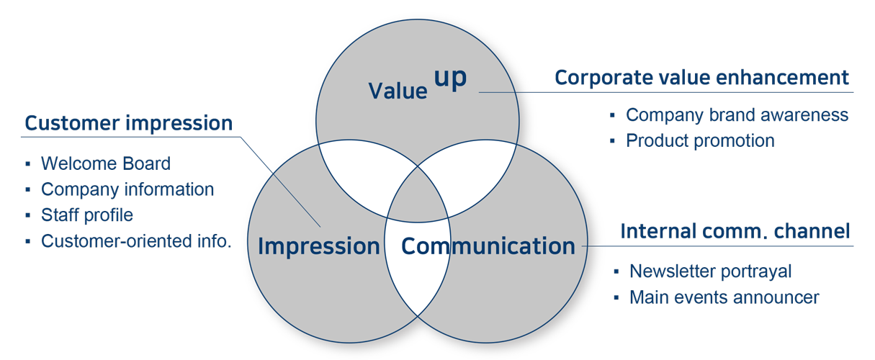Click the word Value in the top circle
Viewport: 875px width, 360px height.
coord(398,91)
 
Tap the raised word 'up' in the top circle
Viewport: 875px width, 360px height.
coord(451,78)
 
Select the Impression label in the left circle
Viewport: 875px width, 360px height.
coord(318,246)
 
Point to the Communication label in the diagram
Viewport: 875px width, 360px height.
coord(488,246)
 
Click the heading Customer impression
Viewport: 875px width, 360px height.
coord(128,123)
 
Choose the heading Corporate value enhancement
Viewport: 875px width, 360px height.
coord(701,78)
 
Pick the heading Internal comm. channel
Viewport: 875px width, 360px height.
coord(735,231)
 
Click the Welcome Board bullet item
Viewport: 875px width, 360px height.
coord(105,163)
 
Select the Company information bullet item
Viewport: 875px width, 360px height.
coord(127,189)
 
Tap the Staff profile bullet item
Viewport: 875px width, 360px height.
coord(87,215)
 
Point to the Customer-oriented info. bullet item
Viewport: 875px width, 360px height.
coord(136,240)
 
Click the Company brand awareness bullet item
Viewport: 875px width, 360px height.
coord(737,114)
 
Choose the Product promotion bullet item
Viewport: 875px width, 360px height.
coord(700,140)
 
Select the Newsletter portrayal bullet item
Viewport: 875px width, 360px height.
coord(710,271)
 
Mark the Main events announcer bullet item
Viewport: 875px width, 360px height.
coord(724,297)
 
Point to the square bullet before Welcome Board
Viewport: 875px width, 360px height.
coord(27,164)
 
